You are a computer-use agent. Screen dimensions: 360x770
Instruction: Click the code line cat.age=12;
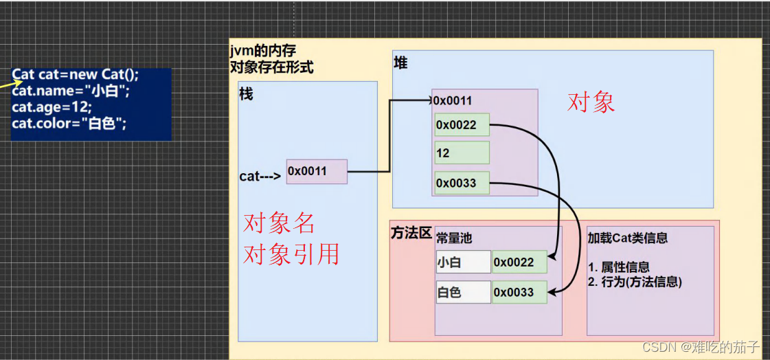(x=52, y=108)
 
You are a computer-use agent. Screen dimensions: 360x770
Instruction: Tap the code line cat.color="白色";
(x=69, y=124)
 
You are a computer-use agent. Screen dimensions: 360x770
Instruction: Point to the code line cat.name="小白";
(x=71, y=91)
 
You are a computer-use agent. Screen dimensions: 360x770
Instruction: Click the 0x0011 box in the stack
(x=317, y=171)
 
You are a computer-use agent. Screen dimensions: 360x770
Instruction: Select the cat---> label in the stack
(x=260, y=176)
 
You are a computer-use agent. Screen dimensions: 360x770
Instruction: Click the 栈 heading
(x=246, y=94)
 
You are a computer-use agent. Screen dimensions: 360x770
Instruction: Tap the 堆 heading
(x=400, y=63)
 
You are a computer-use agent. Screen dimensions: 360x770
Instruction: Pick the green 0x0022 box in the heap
(x=462, y=125)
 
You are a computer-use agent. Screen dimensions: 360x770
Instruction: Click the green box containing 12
(x=462, y=153)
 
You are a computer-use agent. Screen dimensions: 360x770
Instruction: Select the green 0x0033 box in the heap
(x=462, y=183)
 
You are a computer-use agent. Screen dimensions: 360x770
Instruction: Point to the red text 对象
(x=591, y=102)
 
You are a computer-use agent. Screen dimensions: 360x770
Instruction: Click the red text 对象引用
(x=291, y=254)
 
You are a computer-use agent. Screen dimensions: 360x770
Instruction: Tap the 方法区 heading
(x=411, y=234)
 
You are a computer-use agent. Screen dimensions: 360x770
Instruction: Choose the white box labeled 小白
(x=463, y=262)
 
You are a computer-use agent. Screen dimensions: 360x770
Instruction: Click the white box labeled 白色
(x=463, y=292)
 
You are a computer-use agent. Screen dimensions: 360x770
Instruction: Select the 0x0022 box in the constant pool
(x=519, y=262)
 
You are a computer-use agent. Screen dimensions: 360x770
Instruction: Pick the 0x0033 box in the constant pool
(x=519, y=292)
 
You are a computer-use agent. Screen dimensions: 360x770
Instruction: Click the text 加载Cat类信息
(x=628, y=238)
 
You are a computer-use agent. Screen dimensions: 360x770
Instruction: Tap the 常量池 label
(x=454, y=238)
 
